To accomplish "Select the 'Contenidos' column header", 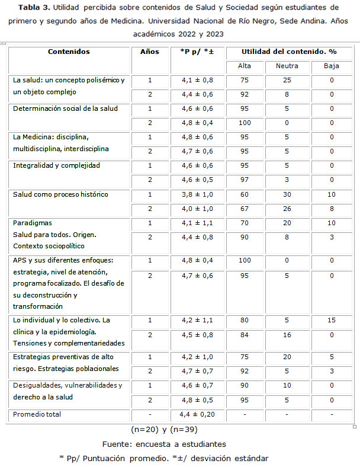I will pyautogui.click(x=69, y=52).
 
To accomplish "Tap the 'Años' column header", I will pyautogui.click(x=150, y=52).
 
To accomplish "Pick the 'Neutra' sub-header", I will pyautogui.click(x=287, y=66).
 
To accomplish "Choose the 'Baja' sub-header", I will pyautogui.click(x=332, y=66).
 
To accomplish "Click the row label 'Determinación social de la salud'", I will pyautogui.click(x=65, y=108).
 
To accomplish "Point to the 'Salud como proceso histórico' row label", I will pyautogui.click(x=60, y=194).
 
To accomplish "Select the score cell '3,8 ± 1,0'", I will pyautogui.click(x=192, y=194).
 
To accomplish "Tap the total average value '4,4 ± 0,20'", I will pyautogui.click(x=192, y=414).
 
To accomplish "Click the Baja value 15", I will pyautogui.click(x=332, y=321).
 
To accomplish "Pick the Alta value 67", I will pyautogui.click(x=244, y=209).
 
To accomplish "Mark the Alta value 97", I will pyautogui.click(x=244, y=180).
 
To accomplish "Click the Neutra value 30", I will pyautogui.click(x=287, y=194).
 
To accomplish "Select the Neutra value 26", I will pyautogui.click(x=287, y=209).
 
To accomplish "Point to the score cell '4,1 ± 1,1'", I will pyautogui.click(x=192, y=223).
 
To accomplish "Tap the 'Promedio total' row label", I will pyautogui.click(x=37, y=414).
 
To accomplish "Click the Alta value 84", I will pyautogui.click(x=244, y=335).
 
